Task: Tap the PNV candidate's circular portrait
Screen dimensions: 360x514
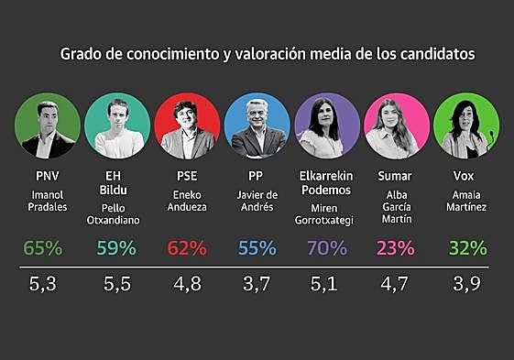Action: coord(47,125)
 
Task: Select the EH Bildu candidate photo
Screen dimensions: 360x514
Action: coord(117,125)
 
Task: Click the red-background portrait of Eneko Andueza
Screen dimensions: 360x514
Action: coord(188,125)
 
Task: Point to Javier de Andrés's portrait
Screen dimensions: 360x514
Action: coord(257,125)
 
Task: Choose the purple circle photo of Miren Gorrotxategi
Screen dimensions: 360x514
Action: coord(327,125)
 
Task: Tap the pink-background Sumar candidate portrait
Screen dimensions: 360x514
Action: coord(397,125)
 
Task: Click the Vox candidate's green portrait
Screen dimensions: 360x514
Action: coord(466,125)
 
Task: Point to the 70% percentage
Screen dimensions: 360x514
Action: coord(327,247)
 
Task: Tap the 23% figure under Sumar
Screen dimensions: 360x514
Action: coord(397,247)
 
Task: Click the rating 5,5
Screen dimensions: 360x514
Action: coord(117,285)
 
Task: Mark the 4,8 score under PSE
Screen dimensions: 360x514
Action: coord(188,285)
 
